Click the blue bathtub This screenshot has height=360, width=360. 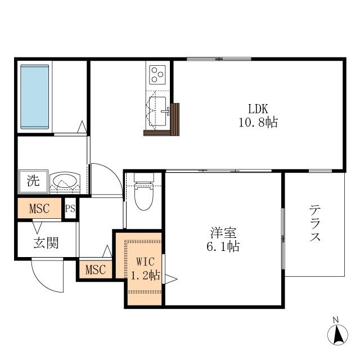pyautogui.click(x=35, y=97)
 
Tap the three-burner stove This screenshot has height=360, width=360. pyautogui.click(x=157, y=75)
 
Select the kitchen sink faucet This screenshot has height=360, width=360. pyautogui.click(x=166, y=111)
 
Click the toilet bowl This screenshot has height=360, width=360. pyautogui.click(x=144, y=196)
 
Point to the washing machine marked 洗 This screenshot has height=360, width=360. pyautogui.click(x=34, y=181)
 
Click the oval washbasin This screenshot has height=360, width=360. pyautogui.click(x=65, y=181)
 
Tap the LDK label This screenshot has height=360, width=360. pyautogui.click(x=258, y=109)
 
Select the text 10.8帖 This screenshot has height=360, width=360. pyautogui.click(x=258, y=123)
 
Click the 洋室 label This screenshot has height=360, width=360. pyautogui.click(x=223, y=232)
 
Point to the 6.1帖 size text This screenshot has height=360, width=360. pyautogui.click(x=223, y=246)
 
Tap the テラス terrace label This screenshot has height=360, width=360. pyautogui.click(x=315, y=223)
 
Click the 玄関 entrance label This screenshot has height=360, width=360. pyautogui.click(x=46, y=243)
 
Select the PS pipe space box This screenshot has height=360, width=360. pyautogui.click(x=70, y=209)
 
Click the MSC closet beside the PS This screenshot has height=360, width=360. pyautogui.click(x=39, y=209)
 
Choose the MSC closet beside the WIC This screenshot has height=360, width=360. pyautogui.click(x=96, y=269)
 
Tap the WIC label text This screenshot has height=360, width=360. pyautogui.click(x=145, y=262)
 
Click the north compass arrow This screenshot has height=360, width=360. pyautogui.click(x=337, y=335)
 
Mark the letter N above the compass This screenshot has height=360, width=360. pyautogui.click(x=336, y=319)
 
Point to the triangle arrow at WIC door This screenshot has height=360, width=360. pyautogui.click(x=170, y=279)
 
